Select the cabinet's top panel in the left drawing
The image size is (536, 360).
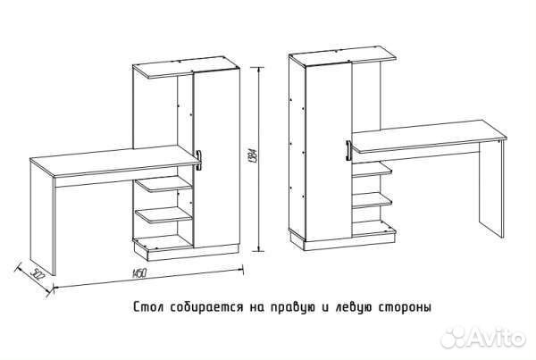pyautogui.click(x=183, y=70)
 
